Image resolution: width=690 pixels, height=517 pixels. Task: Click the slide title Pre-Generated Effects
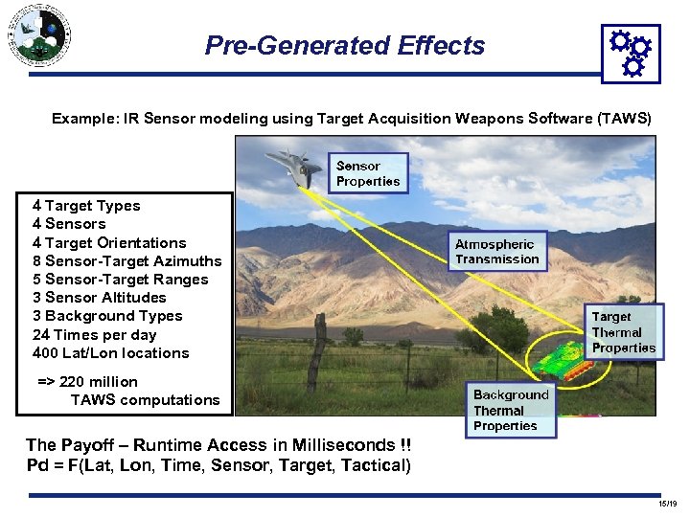point(345,45)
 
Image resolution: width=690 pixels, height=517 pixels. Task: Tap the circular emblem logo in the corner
point(39,35)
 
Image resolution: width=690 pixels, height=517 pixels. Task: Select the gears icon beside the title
point(630,53)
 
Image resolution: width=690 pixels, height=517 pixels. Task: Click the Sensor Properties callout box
point(369,173)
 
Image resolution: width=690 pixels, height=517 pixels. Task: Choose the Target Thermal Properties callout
point(623,332)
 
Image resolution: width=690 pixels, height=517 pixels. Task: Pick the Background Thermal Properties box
point(511,410)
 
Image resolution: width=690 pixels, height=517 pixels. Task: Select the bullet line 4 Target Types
point(86,206)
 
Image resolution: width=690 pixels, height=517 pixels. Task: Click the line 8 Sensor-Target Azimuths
point(126,261)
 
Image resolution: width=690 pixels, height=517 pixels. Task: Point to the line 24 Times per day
point(94,335)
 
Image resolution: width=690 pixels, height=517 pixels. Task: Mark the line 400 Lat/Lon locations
point(110,353)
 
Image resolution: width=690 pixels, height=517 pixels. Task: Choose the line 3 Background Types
point(107,316)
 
